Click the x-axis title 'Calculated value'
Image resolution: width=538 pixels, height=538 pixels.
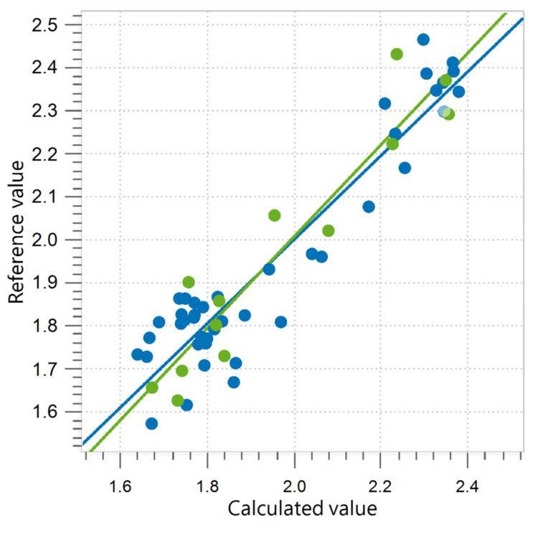coord(301,509)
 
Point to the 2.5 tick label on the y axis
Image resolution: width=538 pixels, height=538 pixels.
coord(55,24)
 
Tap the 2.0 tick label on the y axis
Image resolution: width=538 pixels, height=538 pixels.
coord(55,240)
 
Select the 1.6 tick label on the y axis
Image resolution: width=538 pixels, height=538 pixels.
coord(55,412)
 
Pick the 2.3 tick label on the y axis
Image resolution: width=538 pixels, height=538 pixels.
coord(55,110)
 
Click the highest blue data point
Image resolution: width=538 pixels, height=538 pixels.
coord(423,39)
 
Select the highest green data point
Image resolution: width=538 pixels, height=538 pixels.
coord(397,54)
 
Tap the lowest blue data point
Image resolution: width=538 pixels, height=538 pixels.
coord(151,423)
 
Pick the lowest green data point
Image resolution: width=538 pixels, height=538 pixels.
coord(177,400)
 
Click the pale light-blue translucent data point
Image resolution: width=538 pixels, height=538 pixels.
coord(444,111)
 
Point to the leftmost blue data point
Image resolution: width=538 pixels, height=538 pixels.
coord(137,354)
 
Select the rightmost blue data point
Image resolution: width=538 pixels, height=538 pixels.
coord(458,91)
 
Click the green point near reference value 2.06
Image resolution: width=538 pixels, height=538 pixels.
coord(274,215)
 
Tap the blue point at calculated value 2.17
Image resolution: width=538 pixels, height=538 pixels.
coord(369,207)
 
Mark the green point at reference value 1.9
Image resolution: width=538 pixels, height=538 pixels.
coord(189,282)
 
